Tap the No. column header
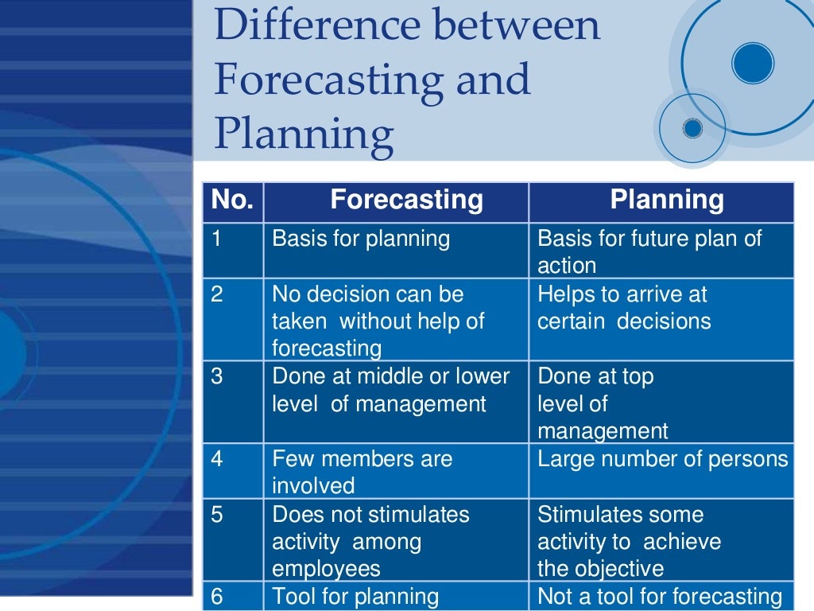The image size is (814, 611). (x=232, y=200)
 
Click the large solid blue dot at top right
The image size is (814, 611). (x=752, y=63)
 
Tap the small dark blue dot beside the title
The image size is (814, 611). (x=692, y=127)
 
